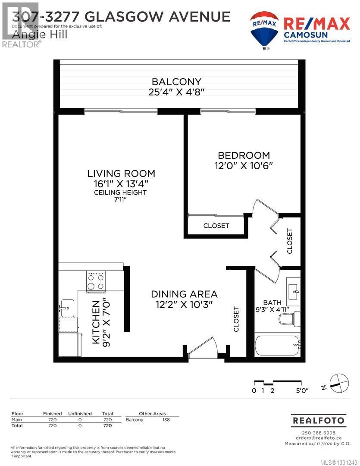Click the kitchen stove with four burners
[95, 281]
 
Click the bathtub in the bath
[276, 345]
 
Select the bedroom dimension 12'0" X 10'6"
[244, 165]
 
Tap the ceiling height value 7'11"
[121, 200]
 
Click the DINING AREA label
[184, 294]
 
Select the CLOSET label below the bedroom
[216, 226]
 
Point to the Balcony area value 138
[166, 420]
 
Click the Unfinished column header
[80, 413]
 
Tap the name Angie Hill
[40, 35]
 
